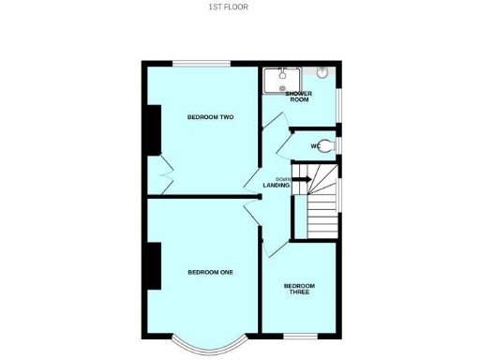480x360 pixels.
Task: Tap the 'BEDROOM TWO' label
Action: tap(210, 117)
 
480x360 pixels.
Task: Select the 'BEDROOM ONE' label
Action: tap(210, 272)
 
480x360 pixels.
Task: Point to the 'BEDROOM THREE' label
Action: tap(300, 289)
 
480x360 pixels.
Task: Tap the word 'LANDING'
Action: tap(277, 185)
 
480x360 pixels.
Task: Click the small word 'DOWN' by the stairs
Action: tap(282, 178)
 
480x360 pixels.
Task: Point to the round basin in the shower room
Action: tap(323, 72)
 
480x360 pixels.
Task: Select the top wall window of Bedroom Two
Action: tap(201, 63)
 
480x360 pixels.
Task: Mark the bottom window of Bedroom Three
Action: tap(300, 335)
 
